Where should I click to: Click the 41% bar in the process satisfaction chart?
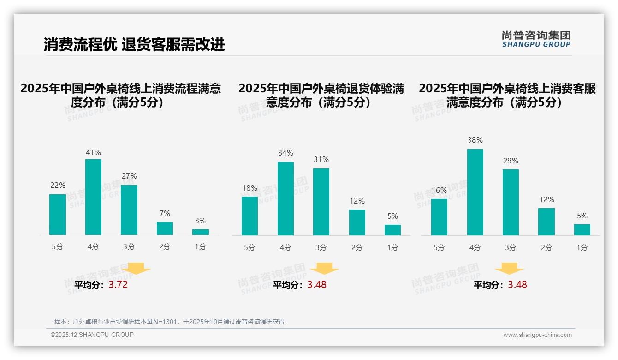pos(93,197)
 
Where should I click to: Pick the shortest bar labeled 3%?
pos(201,232)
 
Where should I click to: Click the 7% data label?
pos(165,213)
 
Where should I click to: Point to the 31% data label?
pos(321,159)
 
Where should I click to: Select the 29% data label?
pos(511,161)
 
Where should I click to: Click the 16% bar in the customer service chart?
pos(439,217)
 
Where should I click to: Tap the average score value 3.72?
pos(118,285)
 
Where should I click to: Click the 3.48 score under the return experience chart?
pos(317,285)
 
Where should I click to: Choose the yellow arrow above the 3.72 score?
pos(136,268)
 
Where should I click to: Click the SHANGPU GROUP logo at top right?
pos(536,39)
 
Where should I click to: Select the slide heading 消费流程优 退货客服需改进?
pos(134,44)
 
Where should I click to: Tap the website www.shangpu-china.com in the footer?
pos(537,335)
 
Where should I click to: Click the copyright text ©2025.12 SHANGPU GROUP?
pos(92,335)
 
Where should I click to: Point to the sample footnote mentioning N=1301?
pos(169,322)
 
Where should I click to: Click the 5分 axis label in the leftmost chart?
pos(58,247)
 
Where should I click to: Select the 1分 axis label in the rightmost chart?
pos(582,248)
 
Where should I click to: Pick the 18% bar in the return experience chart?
pos(250,216)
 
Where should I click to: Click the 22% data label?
pos(58,185)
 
